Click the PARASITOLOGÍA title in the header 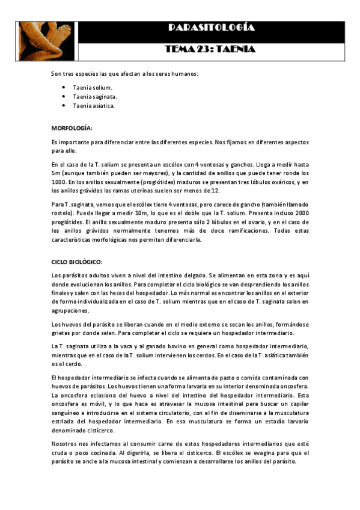tap(211, 28)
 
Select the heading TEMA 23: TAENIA tap(211, 49)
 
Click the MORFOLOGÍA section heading tap(72, 128)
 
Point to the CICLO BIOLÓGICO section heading tap(77, 262)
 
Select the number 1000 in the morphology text tap(59, 182)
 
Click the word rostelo tap(63, 214)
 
